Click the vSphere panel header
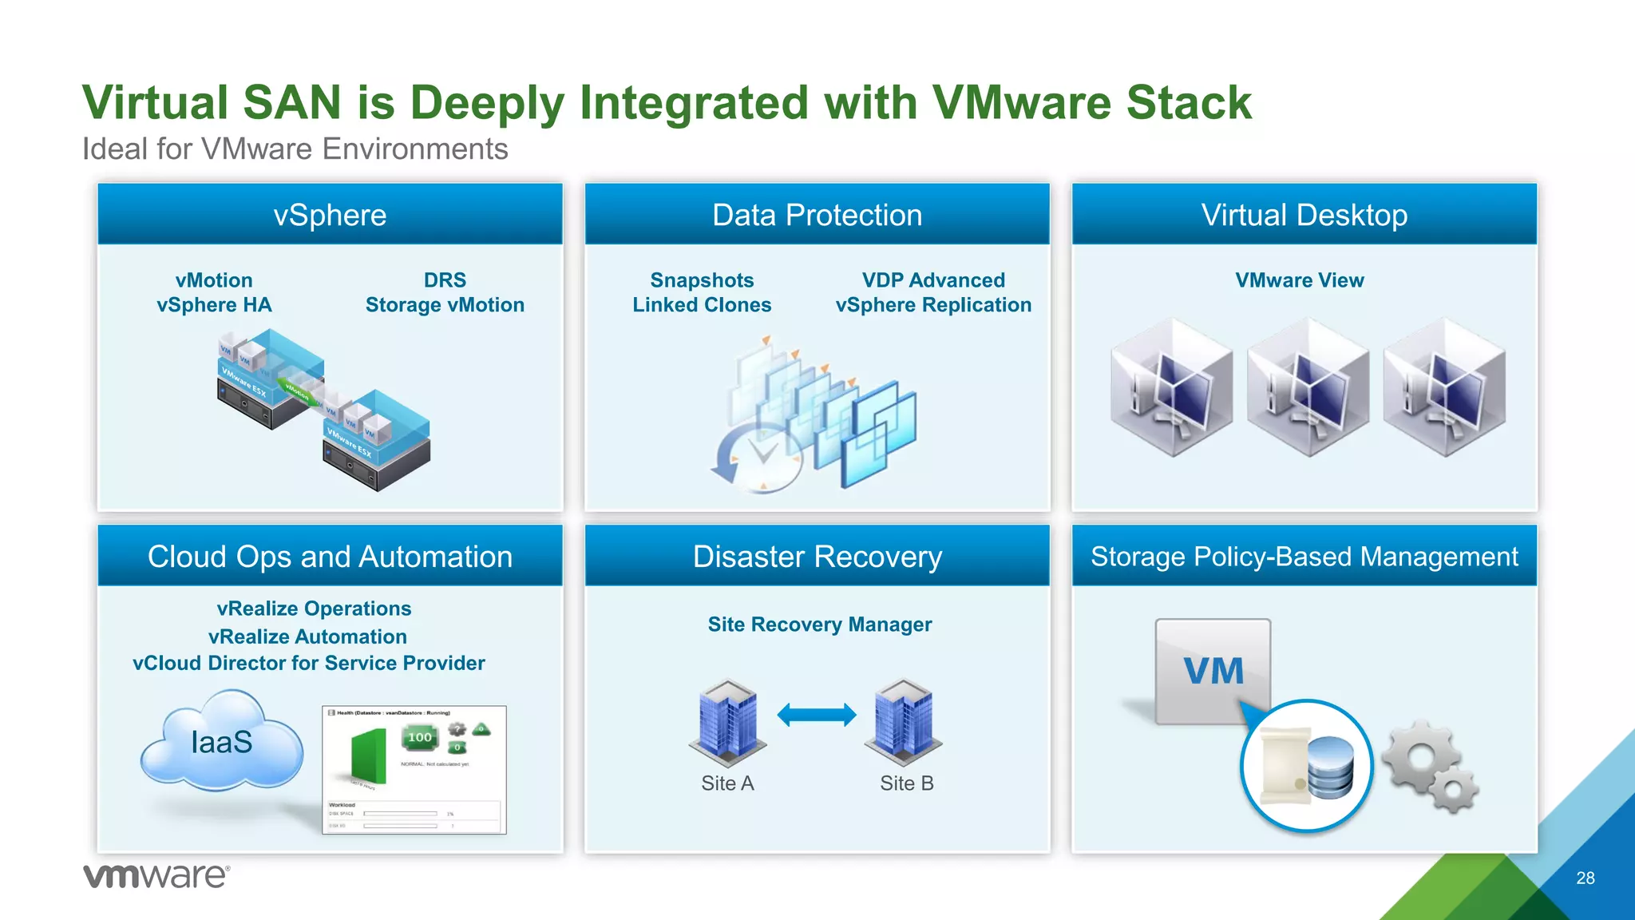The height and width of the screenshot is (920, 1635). (x=330, y=215)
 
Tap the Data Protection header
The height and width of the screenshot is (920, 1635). (x=817, y=215)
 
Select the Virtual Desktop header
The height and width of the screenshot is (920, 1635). (x=1304, y=215)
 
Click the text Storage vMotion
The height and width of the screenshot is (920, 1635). (x=445, y=305)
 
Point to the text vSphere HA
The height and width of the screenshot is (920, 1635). (x=214, y=305)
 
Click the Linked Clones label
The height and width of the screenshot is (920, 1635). (x=702, y=305)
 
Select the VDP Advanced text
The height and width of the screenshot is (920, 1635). (x=933, y=280)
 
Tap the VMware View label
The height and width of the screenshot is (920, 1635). (x=1299, y=280)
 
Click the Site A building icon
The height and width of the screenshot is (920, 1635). (x=727, y=720)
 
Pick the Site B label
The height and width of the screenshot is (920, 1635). (x=906, y=783)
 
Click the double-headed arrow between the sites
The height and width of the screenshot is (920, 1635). (x=816, y=714)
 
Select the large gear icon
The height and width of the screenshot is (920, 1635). (x=1418, y=755)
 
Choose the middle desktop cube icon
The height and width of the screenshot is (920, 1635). (x=1307, y=387)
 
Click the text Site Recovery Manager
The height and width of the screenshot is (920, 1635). (x=819, y=625)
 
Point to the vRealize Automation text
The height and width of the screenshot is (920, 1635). (x=307, y=636)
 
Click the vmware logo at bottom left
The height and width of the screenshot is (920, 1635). (x=156, y=876)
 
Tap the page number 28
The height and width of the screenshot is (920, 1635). (x=1585, y=878)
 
